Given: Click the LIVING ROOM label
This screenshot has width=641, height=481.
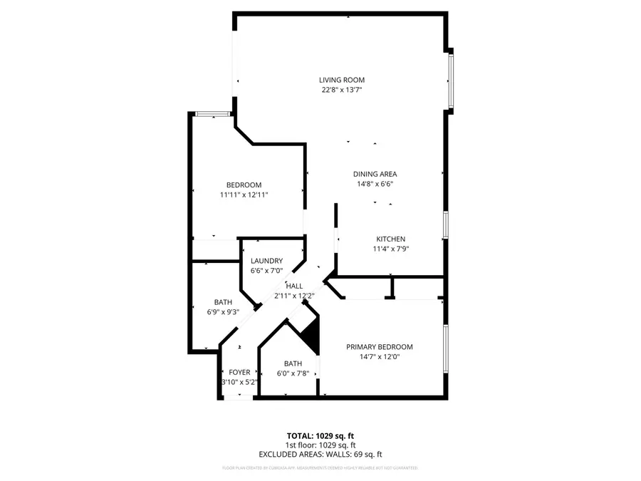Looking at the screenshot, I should click(x=342, y=81).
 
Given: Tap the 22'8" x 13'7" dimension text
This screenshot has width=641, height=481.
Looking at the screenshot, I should click(x=342, y=90).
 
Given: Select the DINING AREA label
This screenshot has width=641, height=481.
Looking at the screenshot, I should click(x=375, y=174).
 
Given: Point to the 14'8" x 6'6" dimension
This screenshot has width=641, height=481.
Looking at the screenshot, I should click(x=375, y=184).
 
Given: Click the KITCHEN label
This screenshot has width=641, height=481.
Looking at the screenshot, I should click(x=391, y=239).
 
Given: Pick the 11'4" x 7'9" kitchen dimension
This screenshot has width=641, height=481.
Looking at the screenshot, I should click(x=391, y=249).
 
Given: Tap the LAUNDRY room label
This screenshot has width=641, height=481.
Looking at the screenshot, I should click(x=266, y=261).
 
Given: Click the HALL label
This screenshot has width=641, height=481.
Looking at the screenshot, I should click(x=294, y=286).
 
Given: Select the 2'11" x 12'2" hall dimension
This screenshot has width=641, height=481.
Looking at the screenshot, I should click(x=294, y=296).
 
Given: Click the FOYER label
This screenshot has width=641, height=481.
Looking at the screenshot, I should click(x=239, y=373).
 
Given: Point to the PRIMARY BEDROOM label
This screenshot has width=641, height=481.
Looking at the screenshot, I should click(x=380, y=347).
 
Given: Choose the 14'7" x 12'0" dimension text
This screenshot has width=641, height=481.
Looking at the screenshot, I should click(x=380, y=357).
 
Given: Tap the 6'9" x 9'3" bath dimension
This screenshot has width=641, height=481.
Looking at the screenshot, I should click(x=223, y=311).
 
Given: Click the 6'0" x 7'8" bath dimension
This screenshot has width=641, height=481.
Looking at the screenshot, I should click(x=293, y=373).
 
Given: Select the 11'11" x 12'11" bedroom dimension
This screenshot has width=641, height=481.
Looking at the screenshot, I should click(x=244, y=195).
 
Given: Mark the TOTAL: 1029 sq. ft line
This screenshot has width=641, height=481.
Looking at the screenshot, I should click(x=320, y=435).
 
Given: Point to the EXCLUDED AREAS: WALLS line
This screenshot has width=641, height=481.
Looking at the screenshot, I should click(x=320, y=454).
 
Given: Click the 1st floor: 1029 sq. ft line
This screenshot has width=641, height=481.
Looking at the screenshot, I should click(x=320, y=445).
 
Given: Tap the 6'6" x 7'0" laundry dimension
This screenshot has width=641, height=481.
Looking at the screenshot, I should click(x=266, y=271).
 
